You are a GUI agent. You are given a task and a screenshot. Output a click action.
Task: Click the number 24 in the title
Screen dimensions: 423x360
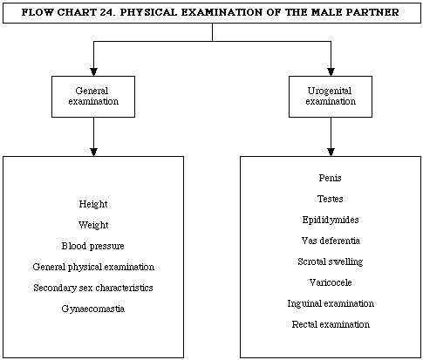(x=106, y=12)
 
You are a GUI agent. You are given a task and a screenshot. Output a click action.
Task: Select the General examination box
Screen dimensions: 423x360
(x=93, y=97)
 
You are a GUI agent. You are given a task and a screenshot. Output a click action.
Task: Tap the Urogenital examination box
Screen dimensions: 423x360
(x=331, y=97)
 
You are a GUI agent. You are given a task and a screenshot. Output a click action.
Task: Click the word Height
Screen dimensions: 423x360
(x=93, y=204)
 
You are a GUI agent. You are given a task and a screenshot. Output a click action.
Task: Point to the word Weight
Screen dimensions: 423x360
(x=93, y=225)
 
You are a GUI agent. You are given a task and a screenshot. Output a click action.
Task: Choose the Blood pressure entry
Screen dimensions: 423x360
(x=93, y=246)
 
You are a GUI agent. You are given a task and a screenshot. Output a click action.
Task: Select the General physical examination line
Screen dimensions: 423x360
(x=93, y=267)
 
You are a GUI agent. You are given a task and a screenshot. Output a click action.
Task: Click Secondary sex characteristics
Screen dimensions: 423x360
(x=93, y=288)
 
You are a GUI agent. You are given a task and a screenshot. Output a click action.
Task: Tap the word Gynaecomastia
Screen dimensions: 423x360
(x=93, y=309)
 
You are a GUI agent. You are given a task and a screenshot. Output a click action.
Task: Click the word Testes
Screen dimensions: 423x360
(x=331, y=199)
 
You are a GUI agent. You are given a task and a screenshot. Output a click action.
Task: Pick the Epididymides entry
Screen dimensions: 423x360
(x=331, y=220)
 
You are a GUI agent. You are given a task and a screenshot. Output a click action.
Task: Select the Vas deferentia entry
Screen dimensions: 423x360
(x=331, y=241)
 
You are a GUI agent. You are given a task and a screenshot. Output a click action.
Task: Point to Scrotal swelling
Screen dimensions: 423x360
(x=331, y=262)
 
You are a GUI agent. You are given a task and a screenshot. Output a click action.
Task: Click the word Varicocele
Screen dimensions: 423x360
(x=331, y=282)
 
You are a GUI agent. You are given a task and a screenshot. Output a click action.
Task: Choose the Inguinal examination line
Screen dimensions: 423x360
(x=331, y=303)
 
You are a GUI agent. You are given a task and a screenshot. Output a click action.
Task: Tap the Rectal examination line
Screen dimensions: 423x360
(x=331, y=324)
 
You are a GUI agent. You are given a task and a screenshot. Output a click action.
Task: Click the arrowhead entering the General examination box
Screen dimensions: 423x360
(x=93, y=72)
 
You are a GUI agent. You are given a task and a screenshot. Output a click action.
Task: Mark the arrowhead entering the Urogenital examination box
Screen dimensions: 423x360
(x=331, y=72)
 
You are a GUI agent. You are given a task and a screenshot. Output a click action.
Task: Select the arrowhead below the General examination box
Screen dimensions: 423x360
(x=93, y=153)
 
